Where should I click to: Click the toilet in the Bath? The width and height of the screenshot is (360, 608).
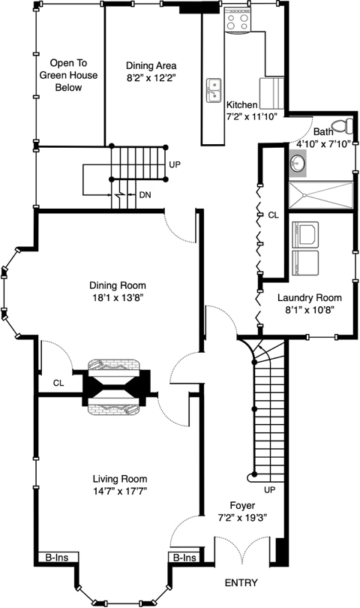tap(343, 126)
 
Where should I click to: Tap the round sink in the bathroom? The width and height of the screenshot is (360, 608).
tap(297, 163)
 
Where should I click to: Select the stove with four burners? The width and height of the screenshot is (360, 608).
tap(238, 20)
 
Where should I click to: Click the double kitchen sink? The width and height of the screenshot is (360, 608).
tap(214, 90)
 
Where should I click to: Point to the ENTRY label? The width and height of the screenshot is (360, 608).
tap(241, 582)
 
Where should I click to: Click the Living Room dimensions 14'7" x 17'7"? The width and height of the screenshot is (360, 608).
tap(120, 491)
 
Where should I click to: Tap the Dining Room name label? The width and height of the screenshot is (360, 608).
tap(118, 285)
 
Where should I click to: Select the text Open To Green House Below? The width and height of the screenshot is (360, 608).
tap(68, 75)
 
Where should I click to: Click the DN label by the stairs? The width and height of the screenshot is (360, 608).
tap(145, 195)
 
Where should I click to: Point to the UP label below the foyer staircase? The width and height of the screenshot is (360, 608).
tap(270, 489)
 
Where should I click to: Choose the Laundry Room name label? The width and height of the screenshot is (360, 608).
tap(309, 298)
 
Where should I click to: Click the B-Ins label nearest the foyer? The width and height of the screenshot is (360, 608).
tap(184, 558)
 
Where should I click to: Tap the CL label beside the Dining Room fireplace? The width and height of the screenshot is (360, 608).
tap(58, 383)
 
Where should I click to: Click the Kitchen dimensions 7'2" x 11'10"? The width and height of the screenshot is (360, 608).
tap(251, 116)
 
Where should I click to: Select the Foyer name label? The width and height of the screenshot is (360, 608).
tap(242, 505)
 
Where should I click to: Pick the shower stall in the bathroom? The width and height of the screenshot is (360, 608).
tap(321, 196)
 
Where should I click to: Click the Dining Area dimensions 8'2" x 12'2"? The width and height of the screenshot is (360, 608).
tap(151, 77)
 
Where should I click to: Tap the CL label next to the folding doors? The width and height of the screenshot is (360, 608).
tap(273, 215)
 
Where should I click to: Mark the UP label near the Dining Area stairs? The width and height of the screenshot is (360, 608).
tap(175, 164)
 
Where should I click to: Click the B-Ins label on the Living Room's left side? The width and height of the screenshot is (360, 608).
tap(56, 558)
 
